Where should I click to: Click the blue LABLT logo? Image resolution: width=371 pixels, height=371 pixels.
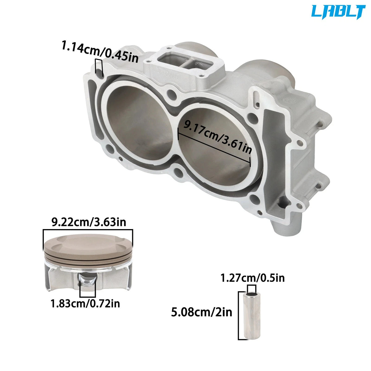point(338,12)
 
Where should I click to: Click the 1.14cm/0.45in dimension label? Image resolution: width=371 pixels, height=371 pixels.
point(100,52)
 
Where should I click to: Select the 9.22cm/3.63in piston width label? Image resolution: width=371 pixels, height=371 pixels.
point(88,222)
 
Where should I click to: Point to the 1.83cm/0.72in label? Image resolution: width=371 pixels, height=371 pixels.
point(85,304)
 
